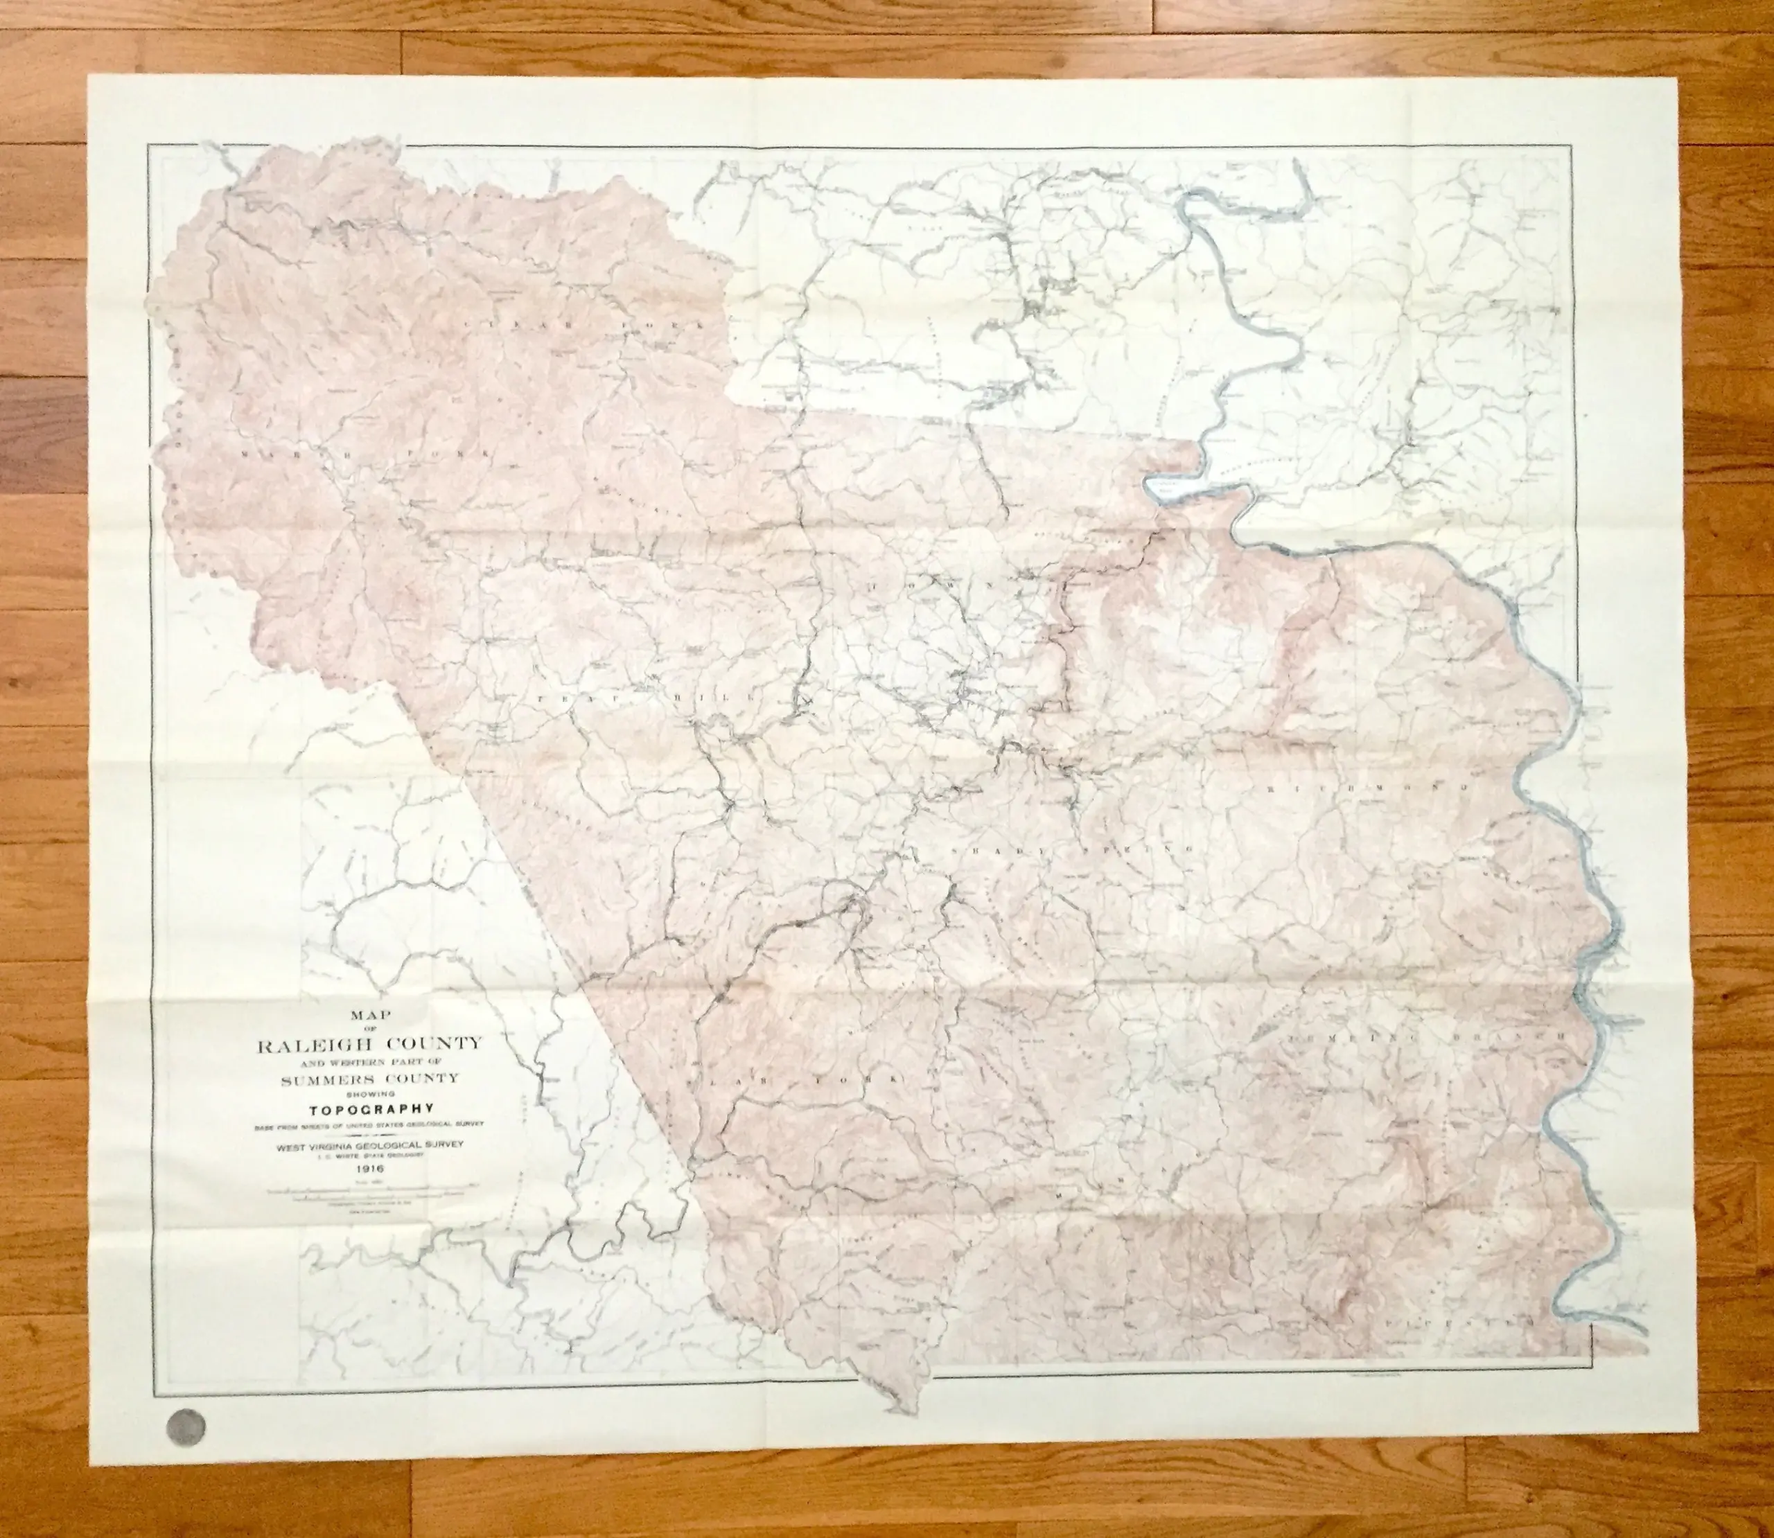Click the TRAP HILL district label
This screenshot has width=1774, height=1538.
[635, 700]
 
